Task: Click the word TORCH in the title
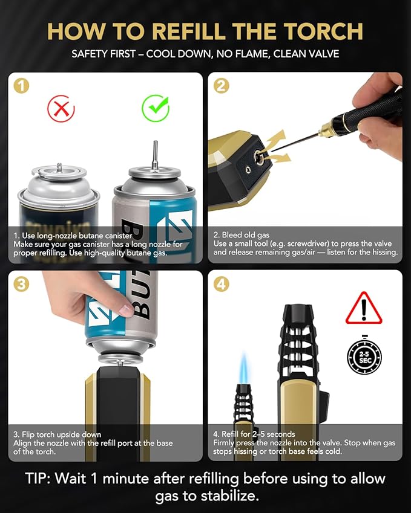(323, 31)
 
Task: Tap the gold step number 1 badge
(21, 86)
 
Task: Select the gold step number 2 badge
(221, 86)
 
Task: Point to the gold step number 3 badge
(21, 284)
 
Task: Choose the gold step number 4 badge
(221, 284)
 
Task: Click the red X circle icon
(61, 108)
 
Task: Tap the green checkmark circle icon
(156, 108)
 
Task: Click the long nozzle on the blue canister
(156, 153)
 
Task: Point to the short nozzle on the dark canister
(59, 167)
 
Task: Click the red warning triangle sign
(364, 309)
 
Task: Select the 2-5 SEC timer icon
(364, 356)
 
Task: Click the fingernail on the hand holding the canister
(126, 309)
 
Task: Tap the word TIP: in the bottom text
(38, 479)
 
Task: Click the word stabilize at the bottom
(230, 496)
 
